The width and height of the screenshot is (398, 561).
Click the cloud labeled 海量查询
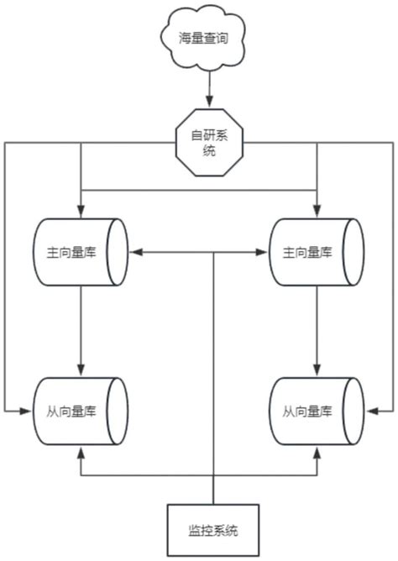click(x=198, y=38)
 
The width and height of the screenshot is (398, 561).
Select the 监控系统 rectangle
click(x=213, y=530)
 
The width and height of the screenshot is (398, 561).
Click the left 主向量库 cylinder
click(x=81, y=251)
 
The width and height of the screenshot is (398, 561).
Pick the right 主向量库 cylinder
click(x=317, y=251)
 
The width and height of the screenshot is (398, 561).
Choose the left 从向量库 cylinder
click(x=81, y=411)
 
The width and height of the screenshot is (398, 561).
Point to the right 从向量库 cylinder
click(x=317, y=411)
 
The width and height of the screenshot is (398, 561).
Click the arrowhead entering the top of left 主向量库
click(x=81, y=210)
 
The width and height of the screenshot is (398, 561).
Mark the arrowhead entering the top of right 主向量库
click(x=317, y=210)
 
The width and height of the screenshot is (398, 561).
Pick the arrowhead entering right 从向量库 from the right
click(x=370, y=411)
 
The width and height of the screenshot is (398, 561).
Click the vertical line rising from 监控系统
click(x=213, y=378)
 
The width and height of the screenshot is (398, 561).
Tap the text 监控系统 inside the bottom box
click(x=213, y=531)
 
